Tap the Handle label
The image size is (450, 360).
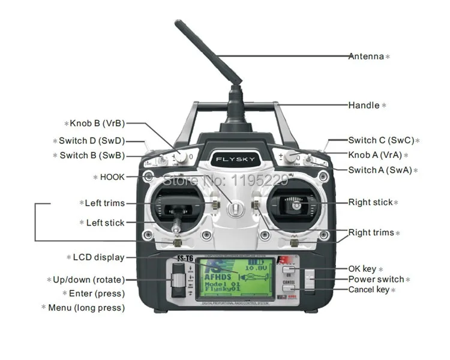tap(364, 105)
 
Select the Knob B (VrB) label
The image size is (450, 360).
tap(97, 123)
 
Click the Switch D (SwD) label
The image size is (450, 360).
tap(91, 141)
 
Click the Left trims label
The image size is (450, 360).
tap(104, 203)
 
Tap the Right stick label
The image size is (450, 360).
tap(370, 202)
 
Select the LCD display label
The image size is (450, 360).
tap(98, 257)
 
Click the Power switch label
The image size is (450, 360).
tap(376, 279)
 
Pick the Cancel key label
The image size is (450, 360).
tap(369, 290)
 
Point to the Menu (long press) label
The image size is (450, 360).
tap(86, 308)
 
